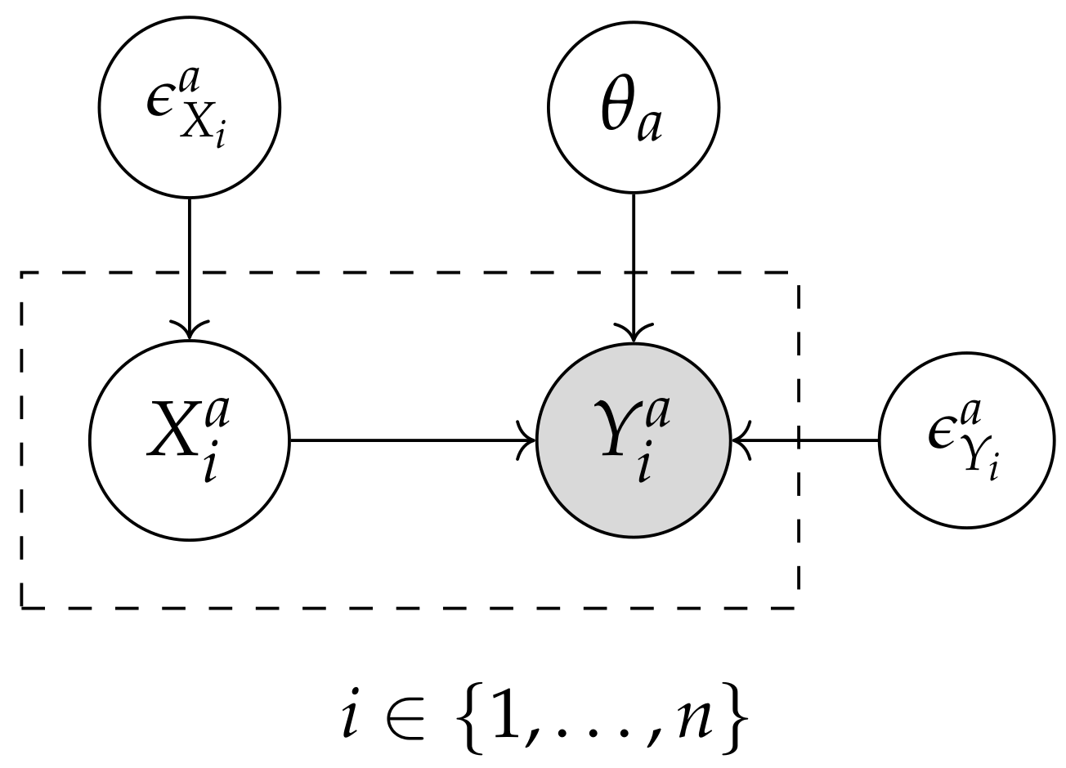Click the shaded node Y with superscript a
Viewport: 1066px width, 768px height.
click(x=633, y=442)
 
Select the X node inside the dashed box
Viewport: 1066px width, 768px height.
click(x=189, y=442)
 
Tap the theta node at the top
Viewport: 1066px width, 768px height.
click(x=633, y=106)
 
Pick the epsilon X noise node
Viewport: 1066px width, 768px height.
click(x=189, y=106)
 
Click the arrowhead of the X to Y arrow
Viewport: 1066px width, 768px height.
click(x=527, y=441)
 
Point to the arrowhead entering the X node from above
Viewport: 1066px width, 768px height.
click(x=189, y=330)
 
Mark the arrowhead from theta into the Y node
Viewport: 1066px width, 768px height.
click(x=633, y=333)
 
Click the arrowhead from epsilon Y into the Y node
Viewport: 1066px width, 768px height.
click(x=740, y=441)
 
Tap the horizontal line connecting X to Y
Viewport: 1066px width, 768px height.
click(x=409, y=441)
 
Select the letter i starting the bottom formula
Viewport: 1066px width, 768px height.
click(x=352, y=716)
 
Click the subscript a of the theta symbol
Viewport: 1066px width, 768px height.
click(x=649, y=128)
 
